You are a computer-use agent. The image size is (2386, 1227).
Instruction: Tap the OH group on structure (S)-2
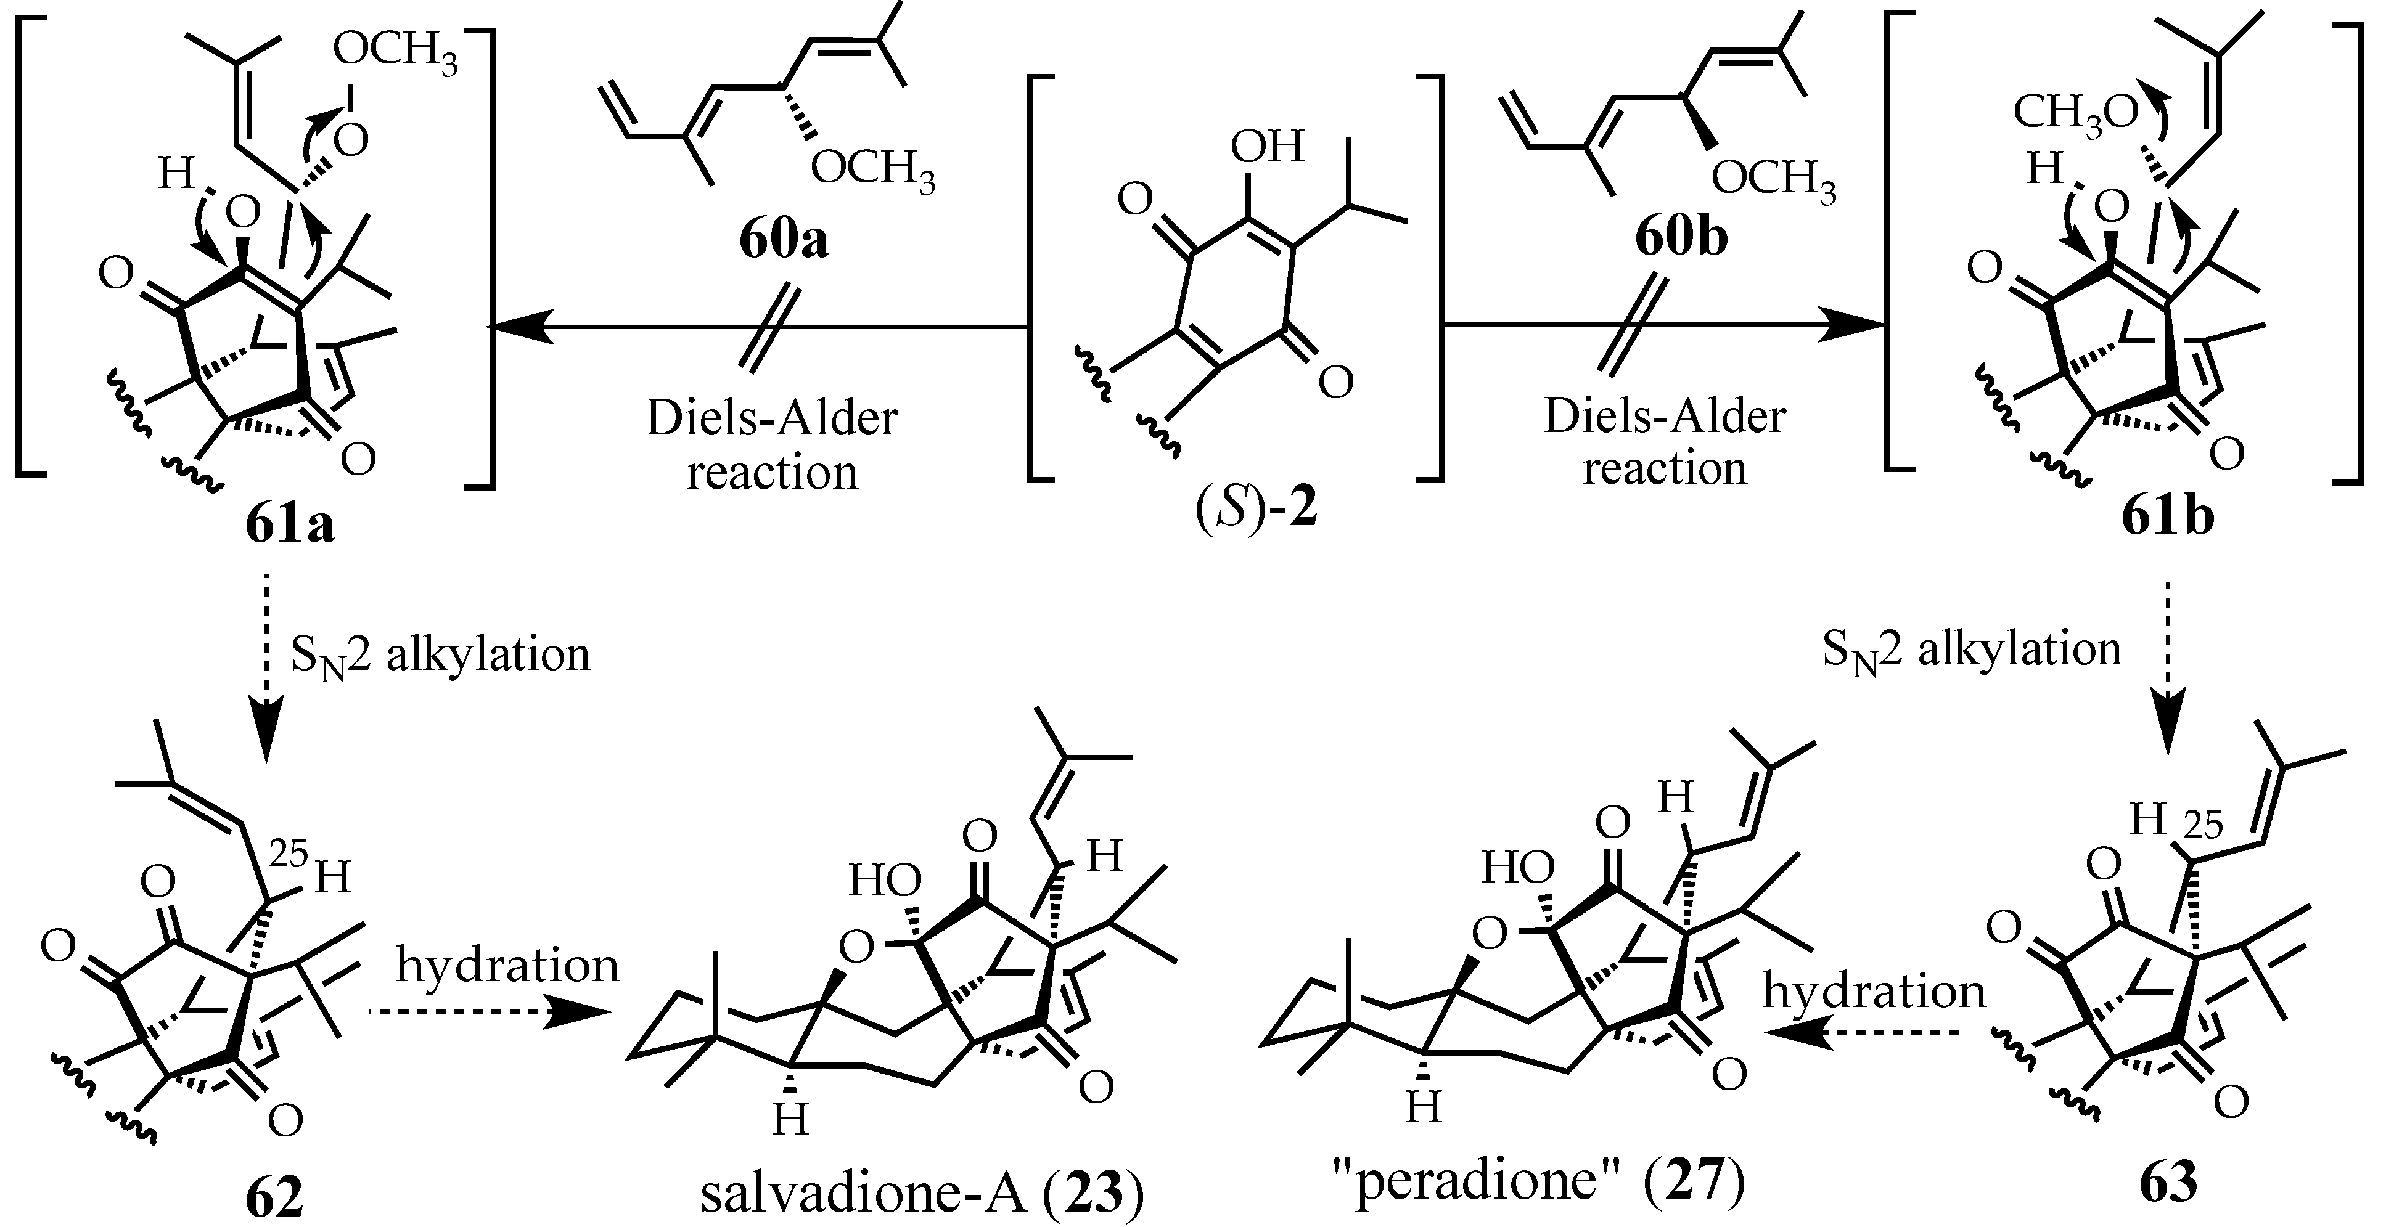point(1266,146)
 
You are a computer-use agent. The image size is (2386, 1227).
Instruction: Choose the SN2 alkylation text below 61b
point(1971,650)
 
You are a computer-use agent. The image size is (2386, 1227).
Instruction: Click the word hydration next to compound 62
point(507,965)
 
